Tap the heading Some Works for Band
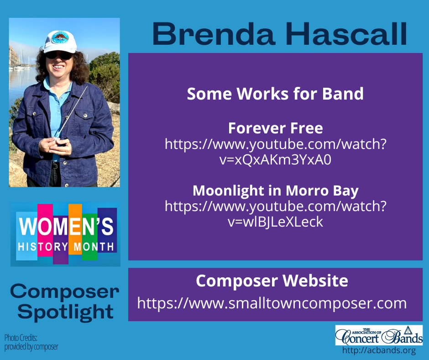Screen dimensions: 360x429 tap(275, 94)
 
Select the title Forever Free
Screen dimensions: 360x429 tap(275, 127)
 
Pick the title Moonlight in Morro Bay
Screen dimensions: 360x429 tap(275, 190)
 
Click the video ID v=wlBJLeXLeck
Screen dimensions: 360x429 tap(275, 222)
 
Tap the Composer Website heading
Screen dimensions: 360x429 tap(272, 281)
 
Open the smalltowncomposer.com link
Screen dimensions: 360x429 tap(272, 303)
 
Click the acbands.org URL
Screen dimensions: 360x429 tap(379, 351)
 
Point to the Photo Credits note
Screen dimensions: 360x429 tap(31, 342)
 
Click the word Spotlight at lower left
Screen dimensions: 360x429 tap(68, 312)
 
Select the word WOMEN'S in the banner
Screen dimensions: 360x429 tap(65, 228)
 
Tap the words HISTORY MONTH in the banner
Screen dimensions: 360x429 tap(65, 247)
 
